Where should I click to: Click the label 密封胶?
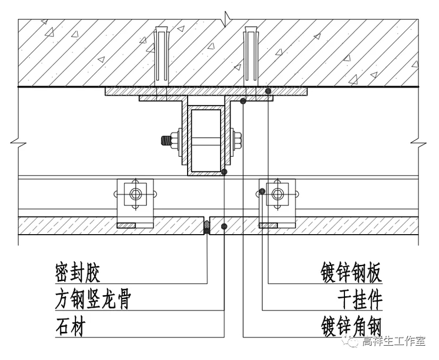point(78,272)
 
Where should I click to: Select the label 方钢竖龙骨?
point(94,300)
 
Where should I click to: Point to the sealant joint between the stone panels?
point(207,226)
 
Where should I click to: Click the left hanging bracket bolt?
point(135,193)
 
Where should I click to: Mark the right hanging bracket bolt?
point(278,193)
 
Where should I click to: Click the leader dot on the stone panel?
point(224,226)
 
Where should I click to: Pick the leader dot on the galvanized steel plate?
point(268,90)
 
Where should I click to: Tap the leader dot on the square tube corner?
point(224,172)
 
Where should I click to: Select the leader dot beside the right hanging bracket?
point(262,191)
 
